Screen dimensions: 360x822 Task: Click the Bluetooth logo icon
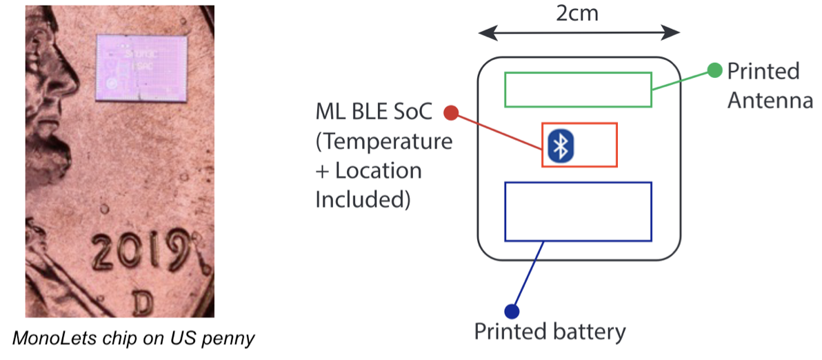[x=561, y=145]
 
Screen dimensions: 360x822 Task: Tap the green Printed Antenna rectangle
[x=578, y=90]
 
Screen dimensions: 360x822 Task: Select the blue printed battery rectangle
[x=578, y=211]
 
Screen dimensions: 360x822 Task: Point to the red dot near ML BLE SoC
[x=452, y=112]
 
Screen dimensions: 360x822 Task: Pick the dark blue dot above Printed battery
[x=511, y=311]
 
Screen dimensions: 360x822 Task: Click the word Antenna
[x=770, y=101]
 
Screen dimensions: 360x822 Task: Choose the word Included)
[x=363, y=199]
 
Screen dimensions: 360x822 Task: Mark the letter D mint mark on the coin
[x=142, y=301]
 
